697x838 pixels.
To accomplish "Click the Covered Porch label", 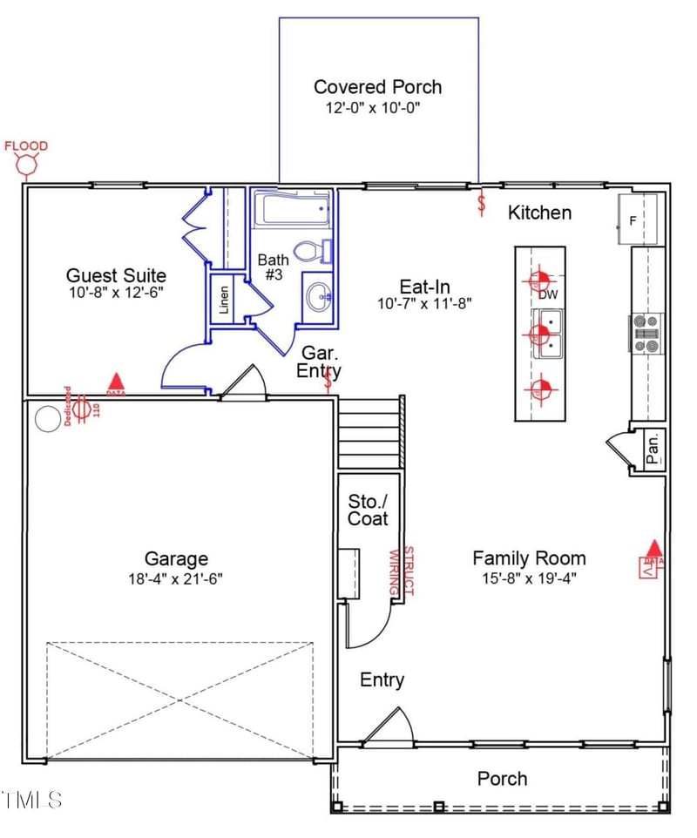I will click(x=377, y=87).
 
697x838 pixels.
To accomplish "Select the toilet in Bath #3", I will click(x=309, y=252).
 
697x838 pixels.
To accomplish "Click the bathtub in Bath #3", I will click(x=292, y=210).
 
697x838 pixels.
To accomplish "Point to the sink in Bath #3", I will click(x=320, y=298).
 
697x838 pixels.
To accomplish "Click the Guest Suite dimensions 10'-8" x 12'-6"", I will click(x=115, y=294).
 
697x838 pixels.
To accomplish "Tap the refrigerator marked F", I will click(x=639, y=220).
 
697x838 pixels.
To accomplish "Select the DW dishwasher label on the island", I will click(x=547, y=295).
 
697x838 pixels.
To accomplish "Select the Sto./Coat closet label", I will click(x=368, y=510).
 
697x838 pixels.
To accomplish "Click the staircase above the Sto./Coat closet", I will click(x=369, y=431).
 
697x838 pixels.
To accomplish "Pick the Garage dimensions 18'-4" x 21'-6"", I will click(x=176, y=578).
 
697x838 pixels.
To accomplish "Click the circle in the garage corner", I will click(x=46, y=421).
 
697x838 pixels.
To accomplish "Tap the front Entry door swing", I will click(x=389, y=727).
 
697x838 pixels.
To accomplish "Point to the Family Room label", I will click(x=529, y=558).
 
